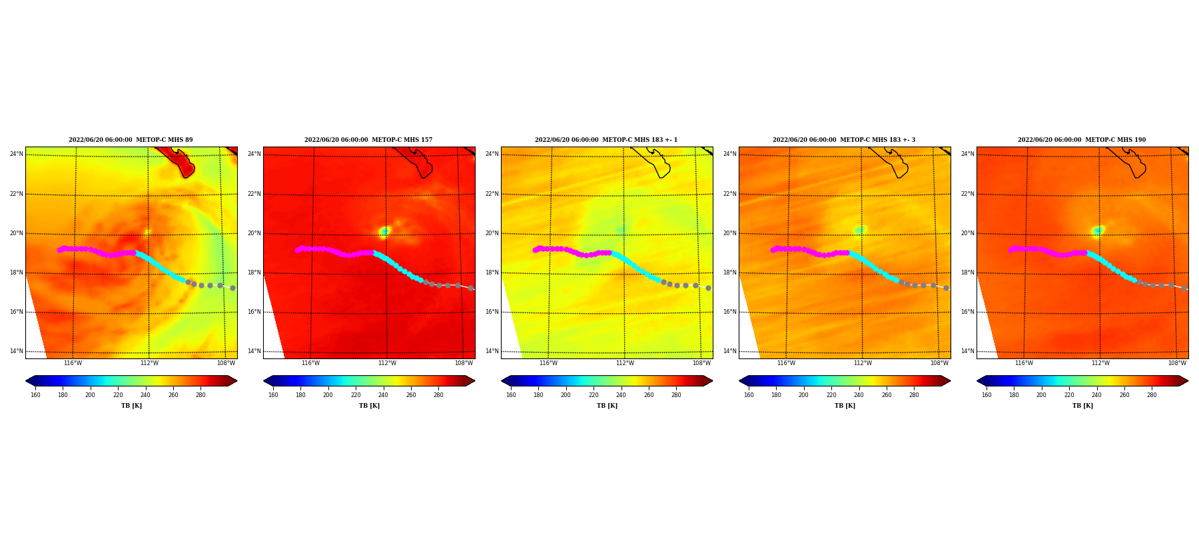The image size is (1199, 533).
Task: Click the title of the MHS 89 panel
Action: pos(131,140)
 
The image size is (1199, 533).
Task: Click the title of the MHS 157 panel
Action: pos(368,140)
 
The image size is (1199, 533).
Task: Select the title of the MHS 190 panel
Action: pos(1082,140)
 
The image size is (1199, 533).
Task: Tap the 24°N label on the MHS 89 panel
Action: pos(16,154)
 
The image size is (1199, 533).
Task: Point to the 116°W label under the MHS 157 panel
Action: pos(310,363)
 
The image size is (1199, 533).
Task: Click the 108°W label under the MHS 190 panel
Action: pos(1177,363)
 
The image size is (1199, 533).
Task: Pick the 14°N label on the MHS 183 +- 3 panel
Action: pos(729,351)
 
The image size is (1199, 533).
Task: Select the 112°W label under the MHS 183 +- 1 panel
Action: pos(625,363)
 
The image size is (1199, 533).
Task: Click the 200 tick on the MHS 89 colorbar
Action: pos(90,395)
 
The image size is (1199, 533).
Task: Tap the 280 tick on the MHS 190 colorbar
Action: pos(1152,395)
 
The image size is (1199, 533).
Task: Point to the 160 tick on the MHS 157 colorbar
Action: pos(273,395)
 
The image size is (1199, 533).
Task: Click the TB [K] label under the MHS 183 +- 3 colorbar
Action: pos(845,406)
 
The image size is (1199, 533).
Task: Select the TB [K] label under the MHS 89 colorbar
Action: pos(131,406)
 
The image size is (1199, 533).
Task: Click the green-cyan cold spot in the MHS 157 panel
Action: pos(384,231)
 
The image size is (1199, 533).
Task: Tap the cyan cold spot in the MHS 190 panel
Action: pos(1098,231)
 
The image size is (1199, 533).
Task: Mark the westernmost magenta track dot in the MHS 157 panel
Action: pos(297,250)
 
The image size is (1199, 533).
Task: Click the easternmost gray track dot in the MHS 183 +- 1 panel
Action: pos(708,288)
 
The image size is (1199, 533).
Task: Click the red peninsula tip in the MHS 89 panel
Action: pos(187,171)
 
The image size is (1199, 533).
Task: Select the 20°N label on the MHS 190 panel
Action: pos(967,233)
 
